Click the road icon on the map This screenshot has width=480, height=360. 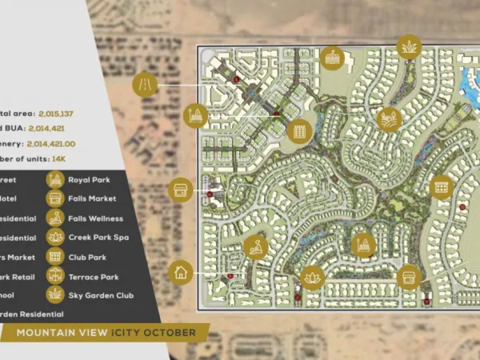[147, 82]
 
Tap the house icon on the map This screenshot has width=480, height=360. [181, 272]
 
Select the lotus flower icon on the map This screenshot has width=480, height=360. [311, 277]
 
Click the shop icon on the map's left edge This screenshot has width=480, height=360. [182, 190]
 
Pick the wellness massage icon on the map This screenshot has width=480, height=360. [255, 247]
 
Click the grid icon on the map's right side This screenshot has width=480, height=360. [441, 187]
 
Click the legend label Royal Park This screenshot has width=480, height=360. [90, 179]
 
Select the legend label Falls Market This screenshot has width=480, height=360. [92, 198]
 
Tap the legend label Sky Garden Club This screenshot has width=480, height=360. [101, 295]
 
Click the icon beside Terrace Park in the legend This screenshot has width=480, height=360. [55, 275]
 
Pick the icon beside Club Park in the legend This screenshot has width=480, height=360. [55, 256]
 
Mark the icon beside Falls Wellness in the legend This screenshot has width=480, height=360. [55, 218]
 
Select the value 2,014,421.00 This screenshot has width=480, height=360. [61, 143]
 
